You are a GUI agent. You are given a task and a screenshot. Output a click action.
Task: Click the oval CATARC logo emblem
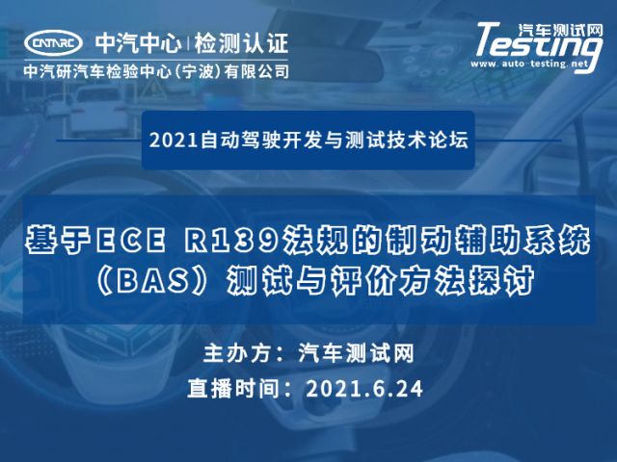pos(53,42)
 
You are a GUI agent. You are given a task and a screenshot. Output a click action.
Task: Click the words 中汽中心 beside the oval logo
pos(139,43)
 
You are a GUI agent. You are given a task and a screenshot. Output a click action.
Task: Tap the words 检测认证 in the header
pos(241,43)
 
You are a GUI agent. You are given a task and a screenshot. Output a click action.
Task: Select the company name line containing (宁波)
pos(156,71)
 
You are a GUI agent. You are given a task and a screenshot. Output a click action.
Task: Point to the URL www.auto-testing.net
pos(529,64)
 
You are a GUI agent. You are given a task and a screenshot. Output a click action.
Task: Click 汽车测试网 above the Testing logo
pos(560,30)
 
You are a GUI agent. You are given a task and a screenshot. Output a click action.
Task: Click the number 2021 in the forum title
pos(174,141)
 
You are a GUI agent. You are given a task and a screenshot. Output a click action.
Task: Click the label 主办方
pos(239,353)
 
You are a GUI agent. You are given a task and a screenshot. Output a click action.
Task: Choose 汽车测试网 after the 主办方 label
pos(356,353)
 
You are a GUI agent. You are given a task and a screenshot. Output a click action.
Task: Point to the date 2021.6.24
pos(364,389)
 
